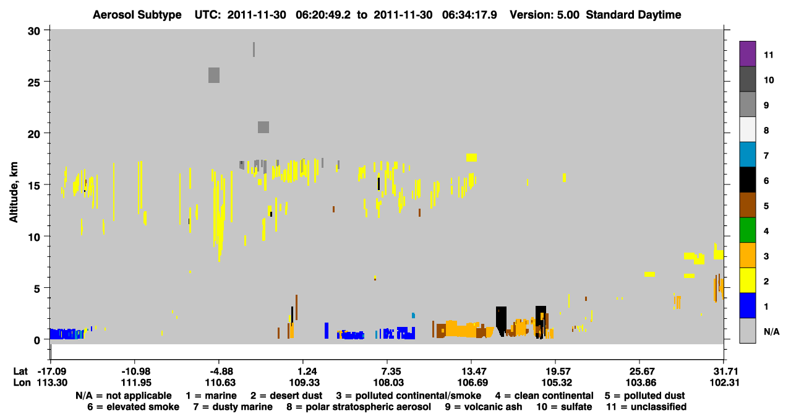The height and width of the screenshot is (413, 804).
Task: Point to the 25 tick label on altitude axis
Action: point(34,82)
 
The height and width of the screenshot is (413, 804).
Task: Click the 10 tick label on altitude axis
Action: point(34,237)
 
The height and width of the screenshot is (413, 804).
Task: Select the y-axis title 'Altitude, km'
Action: point(13,192)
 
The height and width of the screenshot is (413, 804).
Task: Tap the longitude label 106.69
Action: point(473,383)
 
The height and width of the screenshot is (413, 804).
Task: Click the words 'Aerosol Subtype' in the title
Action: point(137,15)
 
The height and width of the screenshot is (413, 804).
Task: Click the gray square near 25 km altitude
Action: point(214,75)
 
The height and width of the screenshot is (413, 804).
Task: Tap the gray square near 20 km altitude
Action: point(263,127)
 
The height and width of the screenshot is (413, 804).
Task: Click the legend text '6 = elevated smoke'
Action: point(133,407)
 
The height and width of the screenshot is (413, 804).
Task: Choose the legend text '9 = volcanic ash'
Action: point(484,407)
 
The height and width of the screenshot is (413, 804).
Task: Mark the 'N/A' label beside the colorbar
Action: point(772,331)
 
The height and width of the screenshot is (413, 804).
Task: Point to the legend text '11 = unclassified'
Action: point(646,407)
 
